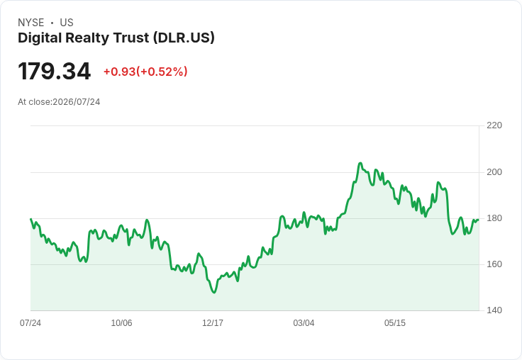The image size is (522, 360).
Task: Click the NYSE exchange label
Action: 31,23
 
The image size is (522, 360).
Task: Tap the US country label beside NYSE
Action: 67,23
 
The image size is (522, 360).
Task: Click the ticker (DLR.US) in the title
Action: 184,38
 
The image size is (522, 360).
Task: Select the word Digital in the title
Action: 40,38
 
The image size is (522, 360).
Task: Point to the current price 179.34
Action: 55,71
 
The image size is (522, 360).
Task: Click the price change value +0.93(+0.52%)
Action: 145,72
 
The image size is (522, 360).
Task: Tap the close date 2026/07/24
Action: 77,102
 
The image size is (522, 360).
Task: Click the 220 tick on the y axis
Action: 494,125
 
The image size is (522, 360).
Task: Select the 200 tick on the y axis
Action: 494,172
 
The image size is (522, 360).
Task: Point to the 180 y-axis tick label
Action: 494,218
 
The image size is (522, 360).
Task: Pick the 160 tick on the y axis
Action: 494,264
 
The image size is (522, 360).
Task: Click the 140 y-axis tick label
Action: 494,310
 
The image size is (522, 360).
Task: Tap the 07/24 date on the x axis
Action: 30,323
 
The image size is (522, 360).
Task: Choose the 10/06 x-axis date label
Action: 121,323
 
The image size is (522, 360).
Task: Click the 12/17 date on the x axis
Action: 213,323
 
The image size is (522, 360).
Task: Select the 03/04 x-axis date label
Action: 304,323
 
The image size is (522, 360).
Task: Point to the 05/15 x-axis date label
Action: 395,323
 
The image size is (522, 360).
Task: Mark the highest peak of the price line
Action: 360,163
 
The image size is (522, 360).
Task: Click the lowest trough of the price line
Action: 214,293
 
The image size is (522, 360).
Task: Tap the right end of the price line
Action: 479,220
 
